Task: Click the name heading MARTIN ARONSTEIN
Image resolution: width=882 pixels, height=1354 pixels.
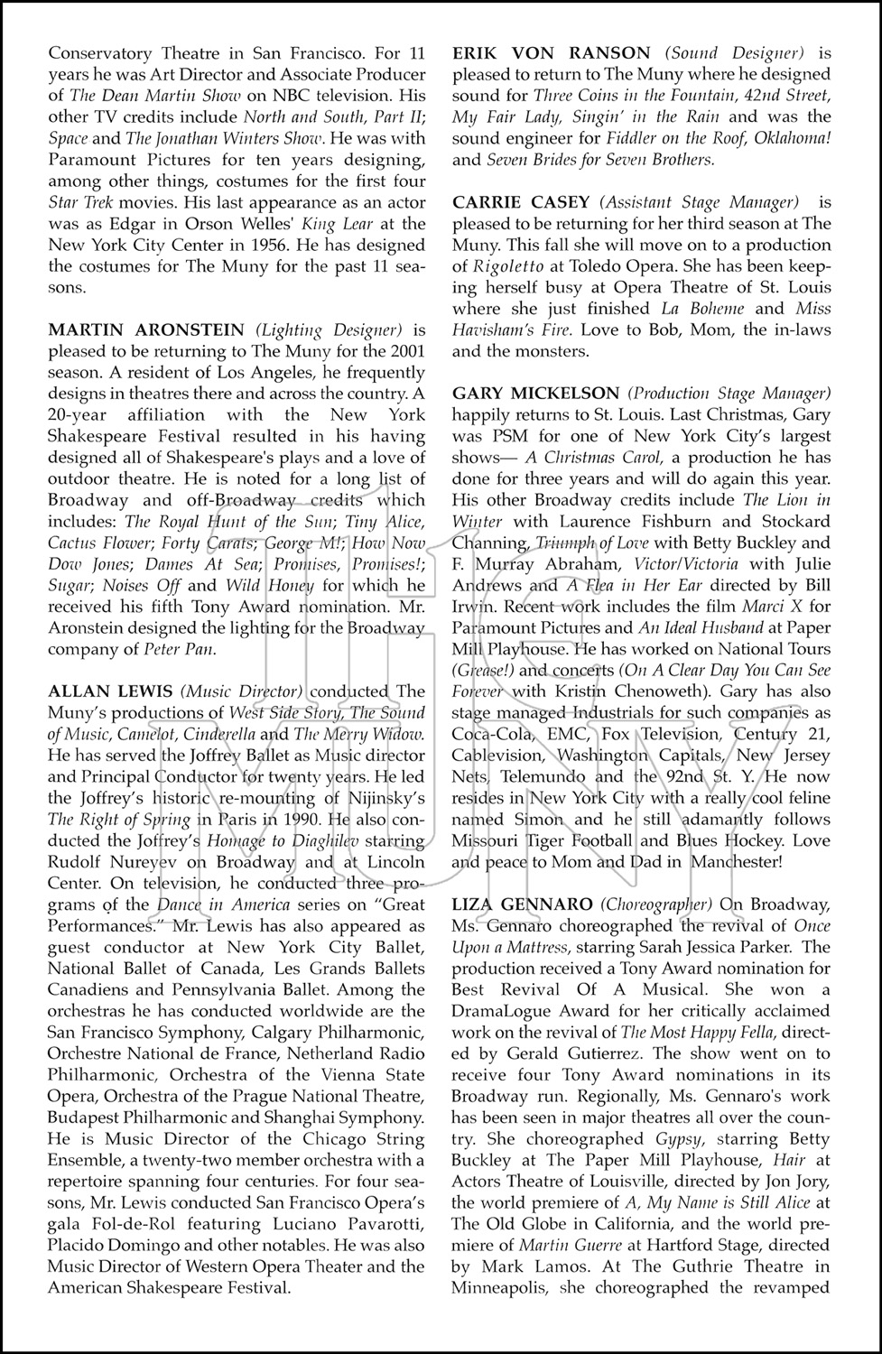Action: [x=147, y=330]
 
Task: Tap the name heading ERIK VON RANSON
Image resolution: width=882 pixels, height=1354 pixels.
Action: [x=551, y=53]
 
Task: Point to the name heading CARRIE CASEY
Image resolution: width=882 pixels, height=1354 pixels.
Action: [x=521, y=202]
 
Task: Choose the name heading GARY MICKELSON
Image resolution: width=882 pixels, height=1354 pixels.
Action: [x=535, y=394]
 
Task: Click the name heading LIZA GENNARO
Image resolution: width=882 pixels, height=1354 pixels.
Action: [x=523, y=904]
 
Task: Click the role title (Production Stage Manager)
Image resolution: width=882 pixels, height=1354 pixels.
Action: [x=729, y=394]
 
